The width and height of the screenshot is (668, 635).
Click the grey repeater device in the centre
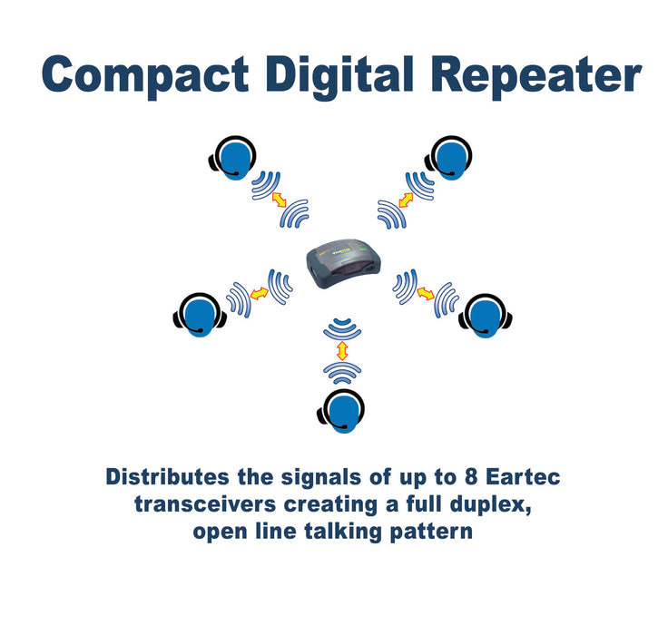pyautogui.click(x=343, y=264)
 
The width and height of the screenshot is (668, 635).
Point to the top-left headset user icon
pyautogui.click(x=232, y=158)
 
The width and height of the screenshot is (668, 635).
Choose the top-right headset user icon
pyautogui.click(x=448, y=158)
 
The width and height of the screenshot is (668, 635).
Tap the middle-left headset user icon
pyautogui.click(x=200, y=315)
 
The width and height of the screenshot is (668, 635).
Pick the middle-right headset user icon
pyautogui.click(x=486, y=316)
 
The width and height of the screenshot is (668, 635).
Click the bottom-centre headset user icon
pyautogui.click(x=341, y=411)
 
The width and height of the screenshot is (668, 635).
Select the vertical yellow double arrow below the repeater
pyautogui.click(x=342, y=350)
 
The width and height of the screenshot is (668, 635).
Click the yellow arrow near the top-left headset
pyautogui.click(x=279, y=200)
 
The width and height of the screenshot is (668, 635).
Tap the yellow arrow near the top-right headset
pyautogui.click(x=406, y=200)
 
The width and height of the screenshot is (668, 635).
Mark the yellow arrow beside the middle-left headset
pyautogui.click(x=259, y=293)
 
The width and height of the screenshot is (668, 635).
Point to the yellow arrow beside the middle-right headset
pyautogui.click(x=425, y=293)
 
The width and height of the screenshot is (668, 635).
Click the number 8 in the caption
pyautogui.click(x=471, y=476)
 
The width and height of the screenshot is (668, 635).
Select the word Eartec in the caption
pyautogui.click(x=523, y=476)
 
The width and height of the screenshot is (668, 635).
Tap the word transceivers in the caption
pyautogui.click(x=205, y=504)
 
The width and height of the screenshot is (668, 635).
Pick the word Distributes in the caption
pyautogui.click(x=167, y=476)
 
